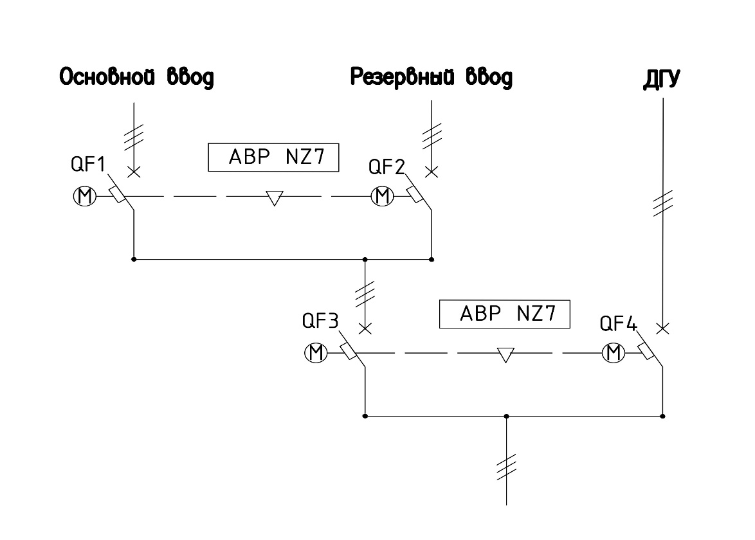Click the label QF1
click(87, 164)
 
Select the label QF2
click(387, 167)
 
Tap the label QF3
click(320, 321)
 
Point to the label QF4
click(618, 323)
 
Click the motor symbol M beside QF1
click(85, 196)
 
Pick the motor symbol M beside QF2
click(382, 196)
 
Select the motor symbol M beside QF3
click(316, 353)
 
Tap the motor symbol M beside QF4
click(614, 353)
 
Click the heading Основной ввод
click(136, 77)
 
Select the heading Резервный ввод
click(432, 77)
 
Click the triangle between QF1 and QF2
click(275, 198)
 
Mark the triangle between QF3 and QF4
click(505, 355)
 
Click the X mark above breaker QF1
click(134, 172)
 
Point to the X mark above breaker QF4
click(663, 328)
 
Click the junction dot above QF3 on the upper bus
click(365, 260)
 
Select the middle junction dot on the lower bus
click(507, 417)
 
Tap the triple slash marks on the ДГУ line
click(663, 203)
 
